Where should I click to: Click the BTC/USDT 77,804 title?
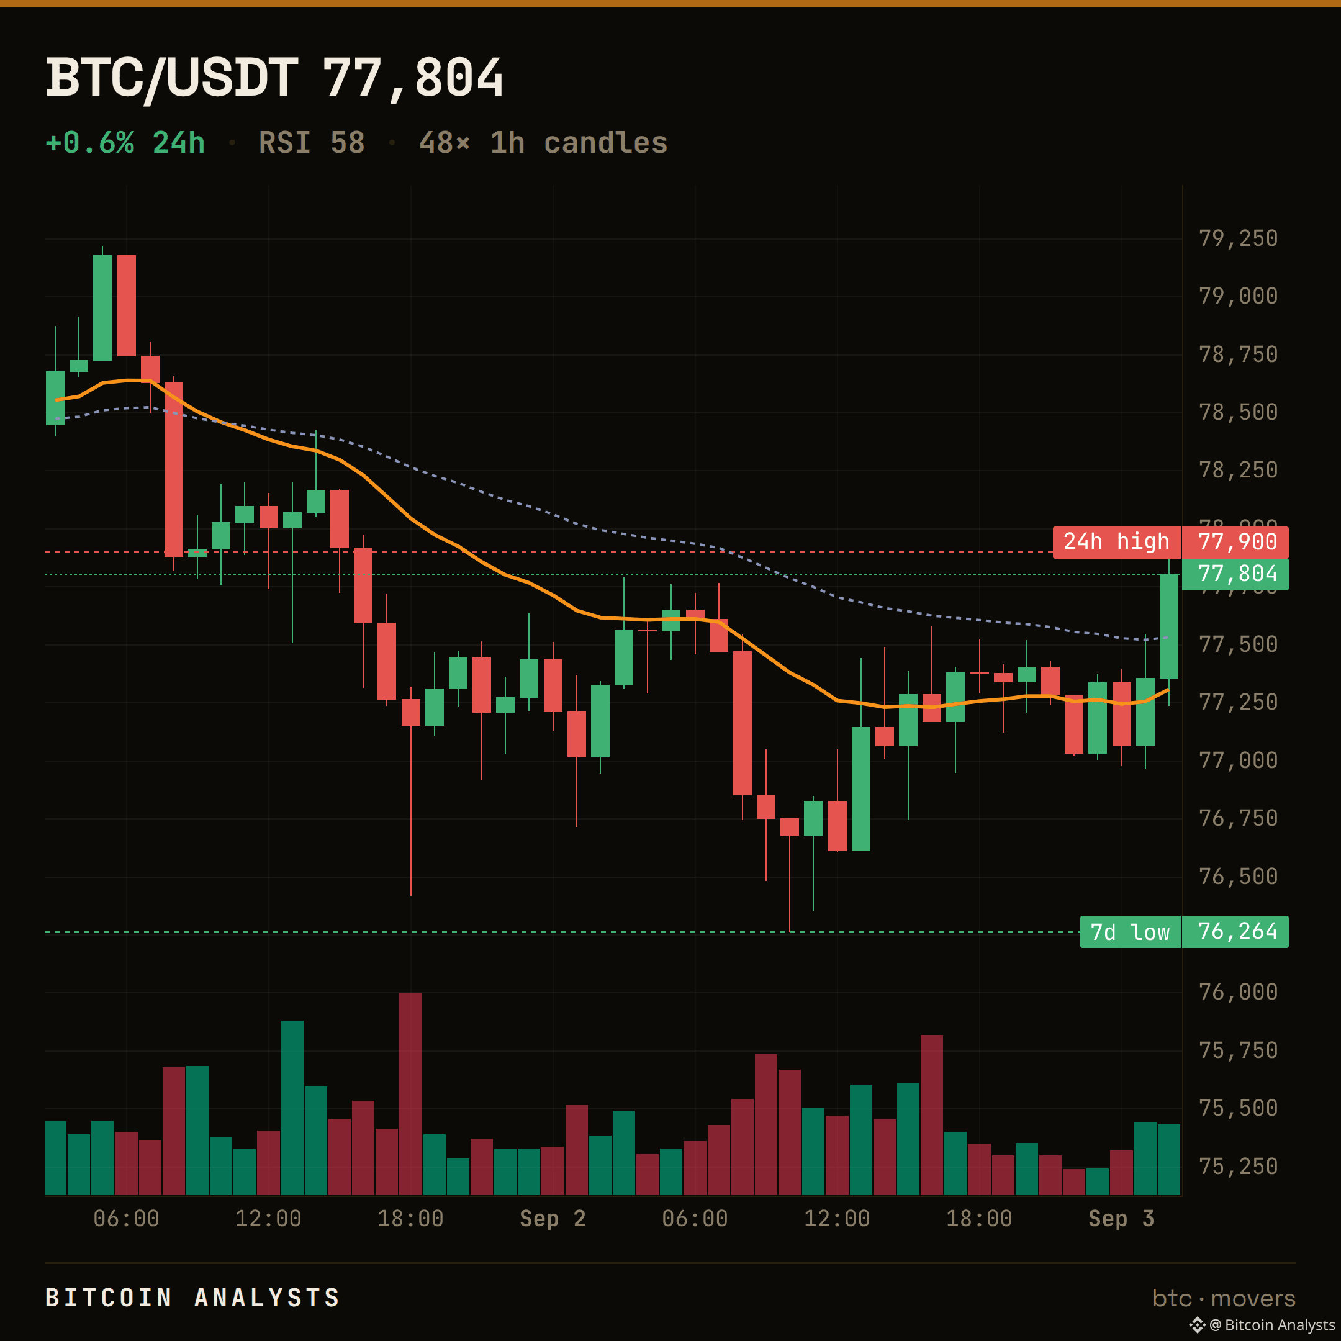pos(274,78)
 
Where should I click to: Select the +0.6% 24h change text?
pos(125,143)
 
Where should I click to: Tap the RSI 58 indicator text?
pos(312,143)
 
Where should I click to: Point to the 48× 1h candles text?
pos(543,143)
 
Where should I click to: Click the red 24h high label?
pos(1117,542)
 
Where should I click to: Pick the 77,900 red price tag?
pos(1235,542)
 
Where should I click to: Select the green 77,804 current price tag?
pos(1235,574)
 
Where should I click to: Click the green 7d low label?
pos(1131,932)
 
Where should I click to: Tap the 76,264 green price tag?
pos(1235,932)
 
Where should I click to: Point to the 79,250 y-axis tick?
pos(1239,239)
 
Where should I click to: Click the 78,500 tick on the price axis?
pos(1239,412)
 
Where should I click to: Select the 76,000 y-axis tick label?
pos(1239,992)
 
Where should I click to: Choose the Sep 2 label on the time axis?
pos(553,1218)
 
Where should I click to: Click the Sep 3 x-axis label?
pos(1121,1218)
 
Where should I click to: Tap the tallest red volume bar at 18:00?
pos(410,1094)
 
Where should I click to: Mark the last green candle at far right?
pos(1169,626)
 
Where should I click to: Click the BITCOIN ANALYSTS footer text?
pos(192,1298)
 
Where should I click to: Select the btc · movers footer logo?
pos(1224,1298)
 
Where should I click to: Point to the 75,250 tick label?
pos(1239,1166)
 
